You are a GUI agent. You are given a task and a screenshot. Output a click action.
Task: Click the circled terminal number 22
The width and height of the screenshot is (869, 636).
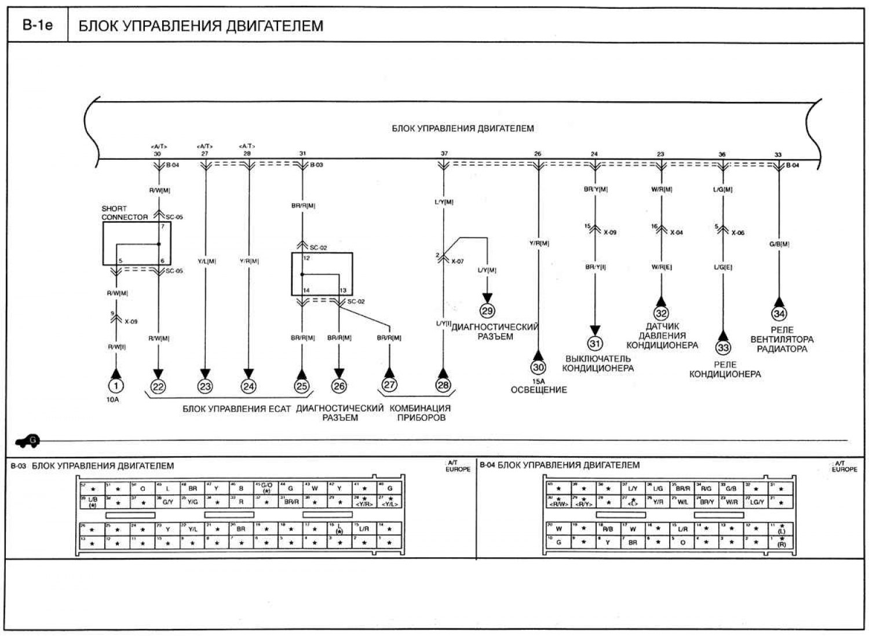[158, 386]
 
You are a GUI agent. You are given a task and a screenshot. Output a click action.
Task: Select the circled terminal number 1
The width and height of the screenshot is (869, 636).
[116, 386]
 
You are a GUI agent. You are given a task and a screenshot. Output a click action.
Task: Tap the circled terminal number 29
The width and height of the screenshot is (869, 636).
[487, 311]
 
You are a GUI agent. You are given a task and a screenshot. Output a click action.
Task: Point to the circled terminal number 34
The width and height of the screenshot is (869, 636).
[779, 314]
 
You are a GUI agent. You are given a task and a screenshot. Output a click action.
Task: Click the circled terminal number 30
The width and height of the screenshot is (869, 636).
[538, 367]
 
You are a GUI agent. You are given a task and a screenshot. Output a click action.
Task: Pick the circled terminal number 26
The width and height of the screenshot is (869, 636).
[339, 386]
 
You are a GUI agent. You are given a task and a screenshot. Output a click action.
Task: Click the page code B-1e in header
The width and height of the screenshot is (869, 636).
[38, 25]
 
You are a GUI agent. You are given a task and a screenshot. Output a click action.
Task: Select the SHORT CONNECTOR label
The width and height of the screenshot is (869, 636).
[125, 213]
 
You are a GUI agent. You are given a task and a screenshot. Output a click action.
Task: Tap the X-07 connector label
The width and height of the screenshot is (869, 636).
[458, 262]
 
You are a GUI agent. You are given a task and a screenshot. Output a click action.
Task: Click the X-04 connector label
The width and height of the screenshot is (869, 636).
[676, 233]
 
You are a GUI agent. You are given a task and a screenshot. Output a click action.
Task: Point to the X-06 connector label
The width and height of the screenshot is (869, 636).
[737, 233]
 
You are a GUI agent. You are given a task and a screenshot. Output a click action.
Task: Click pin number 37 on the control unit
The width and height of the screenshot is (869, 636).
[444, 154]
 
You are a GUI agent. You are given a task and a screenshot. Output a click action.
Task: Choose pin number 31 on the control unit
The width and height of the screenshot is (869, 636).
[302, 153]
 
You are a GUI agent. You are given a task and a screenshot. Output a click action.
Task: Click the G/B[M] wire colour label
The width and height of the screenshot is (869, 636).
[779, 244]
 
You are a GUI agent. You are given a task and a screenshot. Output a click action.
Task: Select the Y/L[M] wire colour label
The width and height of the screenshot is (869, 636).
[207, 262]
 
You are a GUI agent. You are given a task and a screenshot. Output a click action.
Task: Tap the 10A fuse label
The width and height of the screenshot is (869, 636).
[113, 400]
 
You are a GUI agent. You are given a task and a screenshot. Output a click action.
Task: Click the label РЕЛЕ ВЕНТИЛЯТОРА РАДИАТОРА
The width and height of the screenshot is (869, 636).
[782, 340]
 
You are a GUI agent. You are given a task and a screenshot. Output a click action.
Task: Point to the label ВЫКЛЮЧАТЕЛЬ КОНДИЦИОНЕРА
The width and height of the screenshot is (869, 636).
[598, 363]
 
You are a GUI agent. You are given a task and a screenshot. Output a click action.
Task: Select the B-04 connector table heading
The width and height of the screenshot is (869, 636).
[560, 465]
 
